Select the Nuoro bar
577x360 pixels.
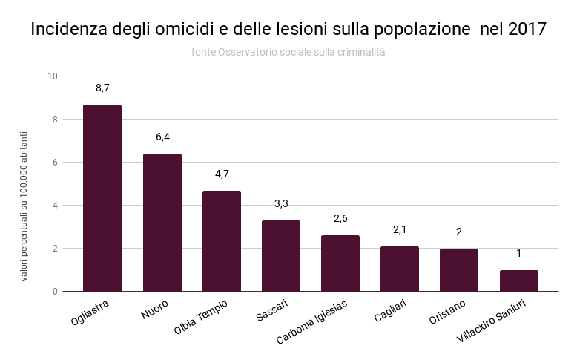[x=162, y=222]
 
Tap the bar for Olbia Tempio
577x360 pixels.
[x=222, y=240]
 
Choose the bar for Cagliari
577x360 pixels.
[x=400, y=269]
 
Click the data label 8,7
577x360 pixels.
[x=102, y=88]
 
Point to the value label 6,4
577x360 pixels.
[x=162, y=137]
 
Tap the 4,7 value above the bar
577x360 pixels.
[x=222, y=174]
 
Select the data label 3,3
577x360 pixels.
[x=281, y=204]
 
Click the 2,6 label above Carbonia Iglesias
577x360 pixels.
[x=340, y=219]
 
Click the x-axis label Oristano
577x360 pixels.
[x=447, y=312]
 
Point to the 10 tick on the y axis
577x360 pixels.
[x=53, y=76]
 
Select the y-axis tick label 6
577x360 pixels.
[x=55, y=163]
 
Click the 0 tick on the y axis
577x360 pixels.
[x=55, y=292]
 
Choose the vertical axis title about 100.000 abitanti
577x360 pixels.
[x=24, y=206]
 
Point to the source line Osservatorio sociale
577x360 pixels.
[x=288, y=53]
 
